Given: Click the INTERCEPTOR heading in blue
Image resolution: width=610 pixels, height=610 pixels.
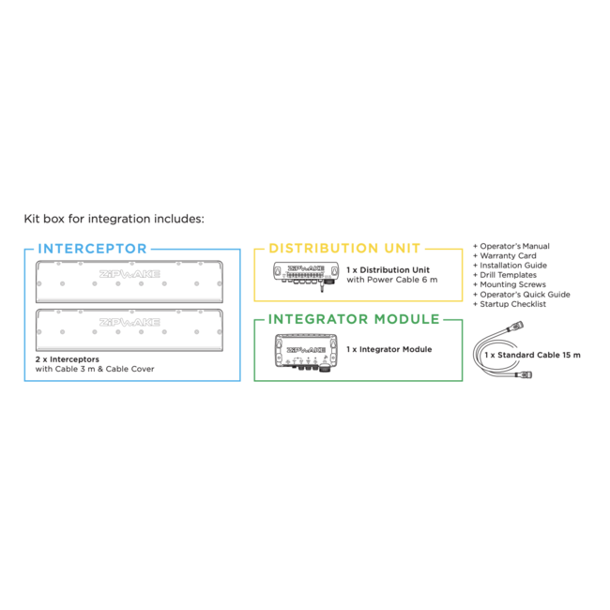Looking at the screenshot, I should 92,249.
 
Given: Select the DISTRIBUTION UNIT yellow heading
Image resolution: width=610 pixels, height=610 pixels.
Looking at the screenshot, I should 344,249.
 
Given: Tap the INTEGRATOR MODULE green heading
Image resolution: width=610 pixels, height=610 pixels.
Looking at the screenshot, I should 354,319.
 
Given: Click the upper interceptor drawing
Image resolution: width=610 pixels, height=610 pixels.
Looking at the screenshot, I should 130,279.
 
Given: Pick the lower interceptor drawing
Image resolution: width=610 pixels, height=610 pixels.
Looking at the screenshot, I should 130,328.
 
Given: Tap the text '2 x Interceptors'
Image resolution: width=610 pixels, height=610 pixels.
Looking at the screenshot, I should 67,359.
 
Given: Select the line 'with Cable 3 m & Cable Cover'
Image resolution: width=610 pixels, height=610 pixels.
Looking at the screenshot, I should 94,369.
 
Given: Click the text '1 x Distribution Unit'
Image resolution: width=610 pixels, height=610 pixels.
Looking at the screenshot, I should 389,269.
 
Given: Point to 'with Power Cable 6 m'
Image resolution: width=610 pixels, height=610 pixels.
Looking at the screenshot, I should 391,280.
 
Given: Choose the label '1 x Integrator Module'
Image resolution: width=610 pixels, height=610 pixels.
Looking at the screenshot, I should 389,349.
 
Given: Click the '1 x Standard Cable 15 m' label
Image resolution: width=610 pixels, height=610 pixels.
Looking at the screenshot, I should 532,356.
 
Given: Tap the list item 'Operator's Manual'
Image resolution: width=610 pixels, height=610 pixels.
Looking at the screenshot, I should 511,246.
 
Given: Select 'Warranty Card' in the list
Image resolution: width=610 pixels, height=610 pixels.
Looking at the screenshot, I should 505,256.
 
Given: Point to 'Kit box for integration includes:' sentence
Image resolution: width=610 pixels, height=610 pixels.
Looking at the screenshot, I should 114,220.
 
